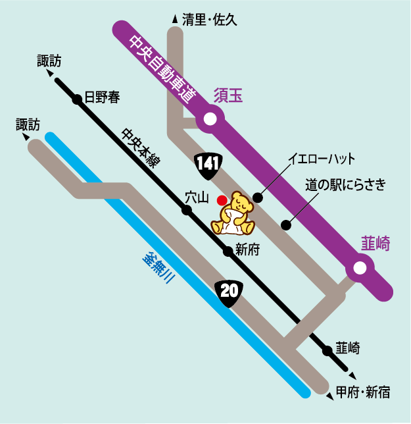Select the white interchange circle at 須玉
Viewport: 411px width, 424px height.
pos(210,119)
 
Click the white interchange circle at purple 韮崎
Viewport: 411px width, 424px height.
pos(360,268)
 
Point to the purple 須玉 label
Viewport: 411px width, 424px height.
pos(228,96)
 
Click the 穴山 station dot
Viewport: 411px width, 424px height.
pos(187,210)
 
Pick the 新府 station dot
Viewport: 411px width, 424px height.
pos(228,250)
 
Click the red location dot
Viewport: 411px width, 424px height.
pos(222,199)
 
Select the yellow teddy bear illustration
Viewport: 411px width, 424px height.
pos(235,213)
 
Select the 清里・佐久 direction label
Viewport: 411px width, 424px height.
pos(208,20)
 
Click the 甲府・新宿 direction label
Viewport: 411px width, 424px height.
pos(362,392)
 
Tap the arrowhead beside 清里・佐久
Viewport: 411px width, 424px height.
pos(174,20)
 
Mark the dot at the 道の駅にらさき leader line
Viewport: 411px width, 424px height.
pos(286,225)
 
